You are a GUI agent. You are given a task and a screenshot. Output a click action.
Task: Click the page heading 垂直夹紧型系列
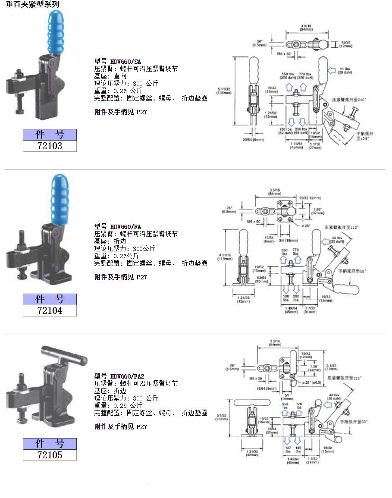[32, 4]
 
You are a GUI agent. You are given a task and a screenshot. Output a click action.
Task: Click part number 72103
[50, 146]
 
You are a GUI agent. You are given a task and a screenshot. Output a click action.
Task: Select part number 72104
[50, 310]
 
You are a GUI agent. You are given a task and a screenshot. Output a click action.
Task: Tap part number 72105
[50, 455]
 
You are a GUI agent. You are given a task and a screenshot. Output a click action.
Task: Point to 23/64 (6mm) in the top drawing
[253, 140]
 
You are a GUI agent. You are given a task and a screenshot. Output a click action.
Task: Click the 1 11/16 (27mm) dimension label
[314, 145]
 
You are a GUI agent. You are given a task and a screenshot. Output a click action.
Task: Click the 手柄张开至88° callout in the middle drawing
[352, 271]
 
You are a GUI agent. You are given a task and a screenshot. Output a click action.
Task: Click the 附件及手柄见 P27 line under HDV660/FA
[121, 277]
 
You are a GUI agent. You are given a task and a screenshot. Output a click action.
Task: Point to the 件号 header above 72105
[50, 444]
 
